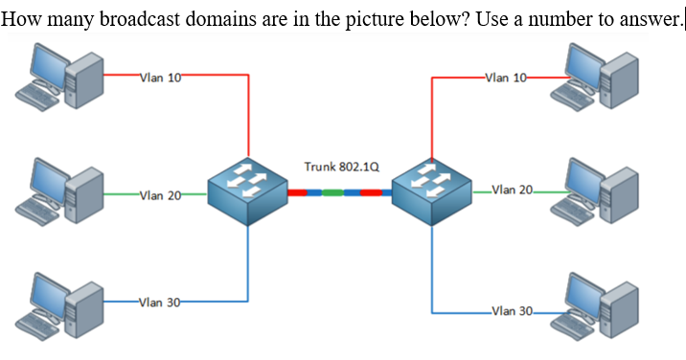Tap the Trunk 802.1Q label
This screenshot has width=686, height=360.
(341, 167)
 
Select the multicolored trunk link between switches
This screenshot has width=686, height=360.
(340, 192)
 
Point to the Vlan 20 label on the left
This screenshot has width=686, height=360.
(160, 196)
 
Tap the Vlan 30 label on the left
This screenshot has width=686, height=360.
(160, 304)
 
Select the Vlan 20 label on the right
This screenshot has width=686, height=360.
(513, 190)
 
